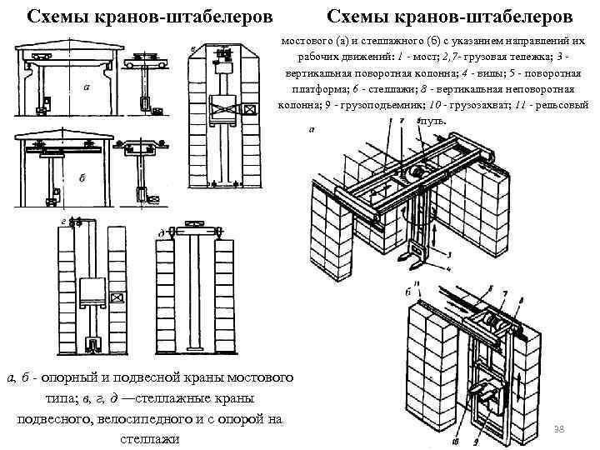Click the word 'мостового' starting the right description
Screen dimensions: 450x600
[306, 40]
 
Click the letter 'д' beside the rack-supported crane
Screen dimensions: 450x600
[160, 233]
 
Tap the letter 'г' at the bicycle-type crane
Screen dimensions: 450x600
[64, 221]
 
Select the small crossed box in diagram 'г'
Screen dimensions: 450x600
[116, 297]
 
